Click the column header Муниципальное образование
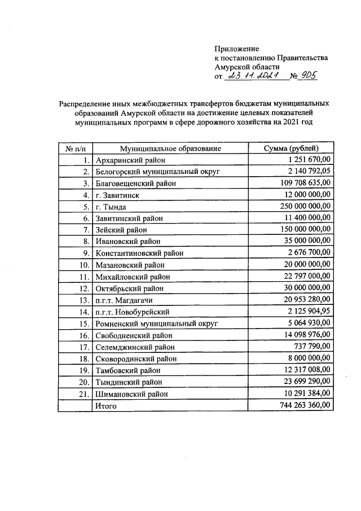tap(168, 149)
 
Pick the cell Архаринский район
tap(130, 160)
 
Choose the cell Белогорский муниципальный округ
tap(157, 172)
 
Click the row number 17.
tap(84, 347)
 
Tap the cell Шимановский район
tap(132, 394)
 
